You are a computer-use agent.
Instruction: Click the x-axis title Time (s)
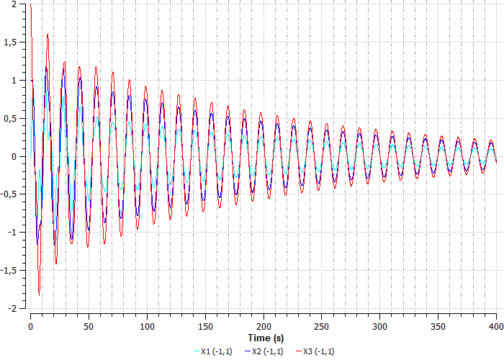266,337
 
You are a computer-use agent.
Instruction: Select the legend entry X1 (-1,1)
215,351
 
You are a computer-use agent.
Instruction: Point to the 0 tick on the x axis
30,327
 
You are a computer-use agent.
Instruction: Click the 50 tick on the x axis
89,327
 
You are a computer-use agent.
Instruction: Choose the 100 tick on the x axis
148,327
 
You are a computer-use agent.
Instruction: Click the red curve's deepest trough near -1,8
39,294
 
